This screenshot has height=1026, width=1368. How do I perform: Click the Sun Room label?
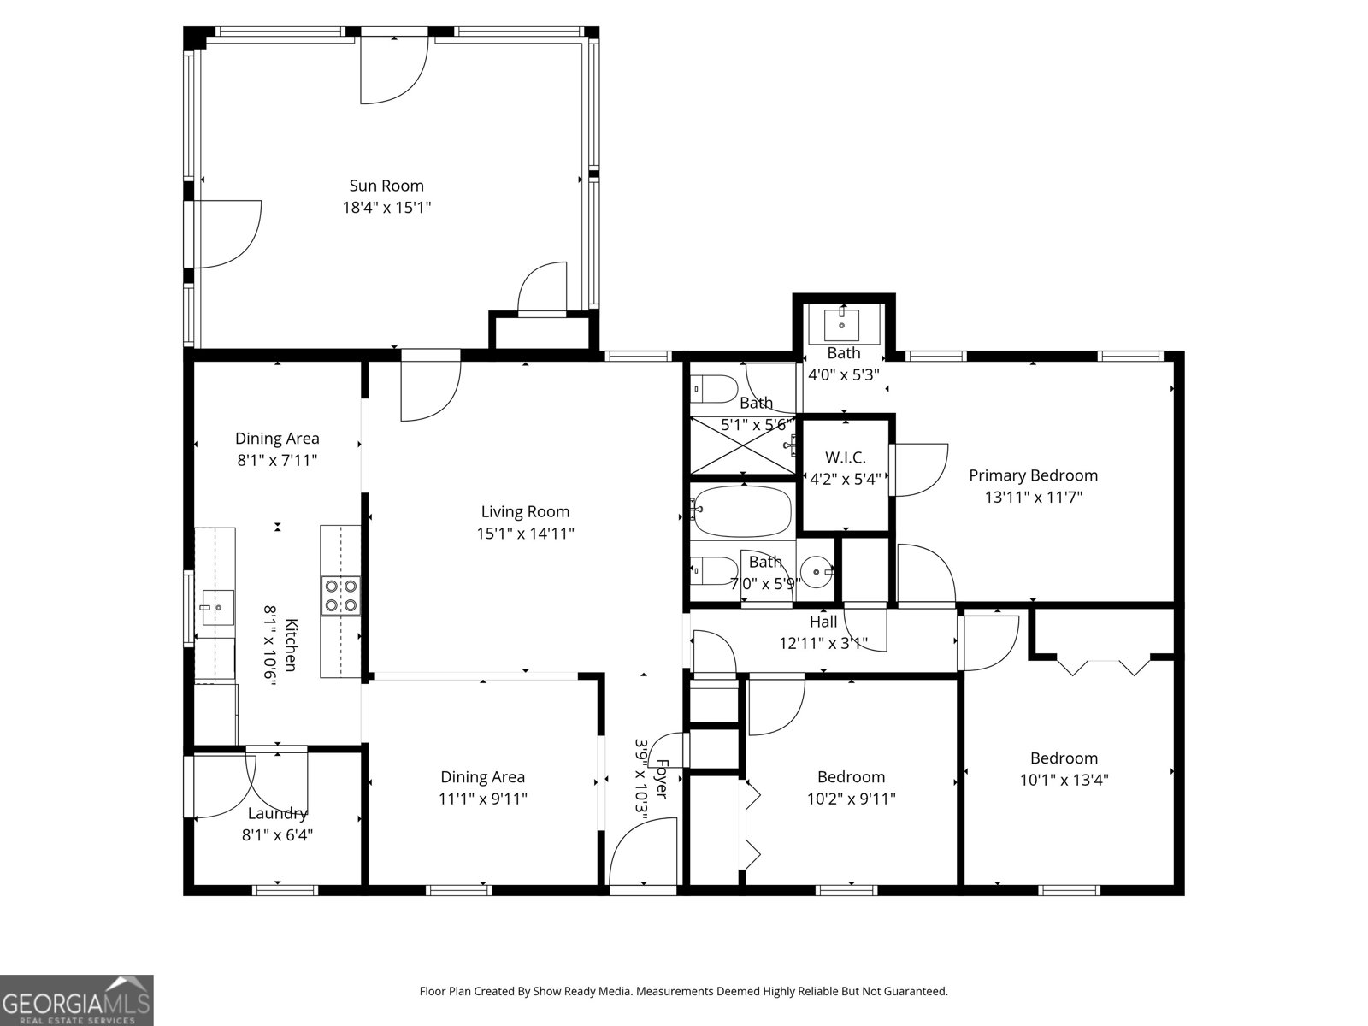tap(386, 186)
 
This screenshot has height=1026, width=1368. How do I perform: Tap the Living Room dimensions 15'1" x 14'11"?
tap(525, 534)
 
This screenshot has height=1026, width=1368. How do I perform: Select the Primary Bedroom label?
tap(1033, 475)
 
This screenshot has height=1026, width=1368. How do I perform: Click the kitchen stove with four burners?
tap(340, 596)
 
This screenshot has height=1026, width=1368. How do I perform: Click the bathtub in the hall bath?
tap(741, 511)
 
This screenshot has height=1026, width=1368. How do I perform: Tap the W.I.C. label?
tap(845, 458)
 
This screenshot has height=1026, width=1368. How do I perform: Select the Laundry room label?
tap(277, 814)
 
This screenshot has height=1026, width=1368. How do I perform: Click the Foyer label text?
tap(662, 779)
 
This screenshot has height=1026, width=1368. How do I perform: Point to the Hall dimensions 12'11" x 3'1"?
tap(823, 643)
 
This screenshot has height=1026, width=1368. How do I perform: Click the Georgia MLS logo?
tap(77, 999)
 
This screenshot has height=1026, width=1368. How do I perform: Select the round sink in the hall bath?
tap(817, 572)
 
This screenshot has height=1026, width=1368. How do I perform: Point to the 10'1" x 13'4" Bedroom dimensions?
tap(1064, 780)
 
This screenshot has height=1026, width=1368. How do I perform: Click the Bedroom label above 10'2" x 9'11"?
tap(851, 777)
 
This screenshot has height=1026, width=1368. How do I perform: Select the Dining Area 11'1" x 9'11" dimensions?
tap(482, 799)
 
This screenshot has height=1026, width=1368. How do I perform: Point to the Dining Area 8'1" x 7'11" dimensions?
tap(277, 460)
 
